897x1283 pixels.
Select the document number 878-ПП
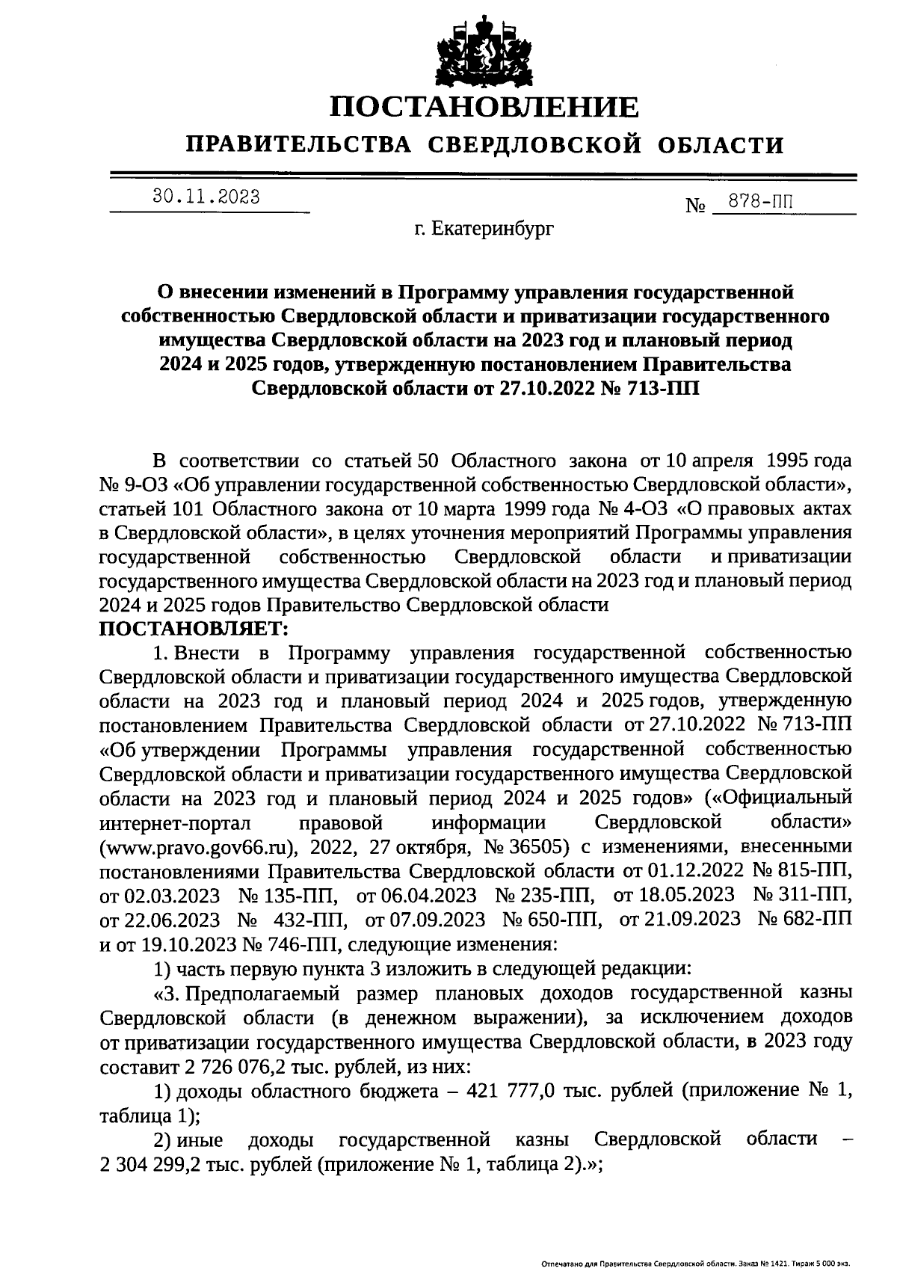coord(762,202)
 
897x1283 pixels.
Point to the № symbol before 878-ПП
coord(695,204)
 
